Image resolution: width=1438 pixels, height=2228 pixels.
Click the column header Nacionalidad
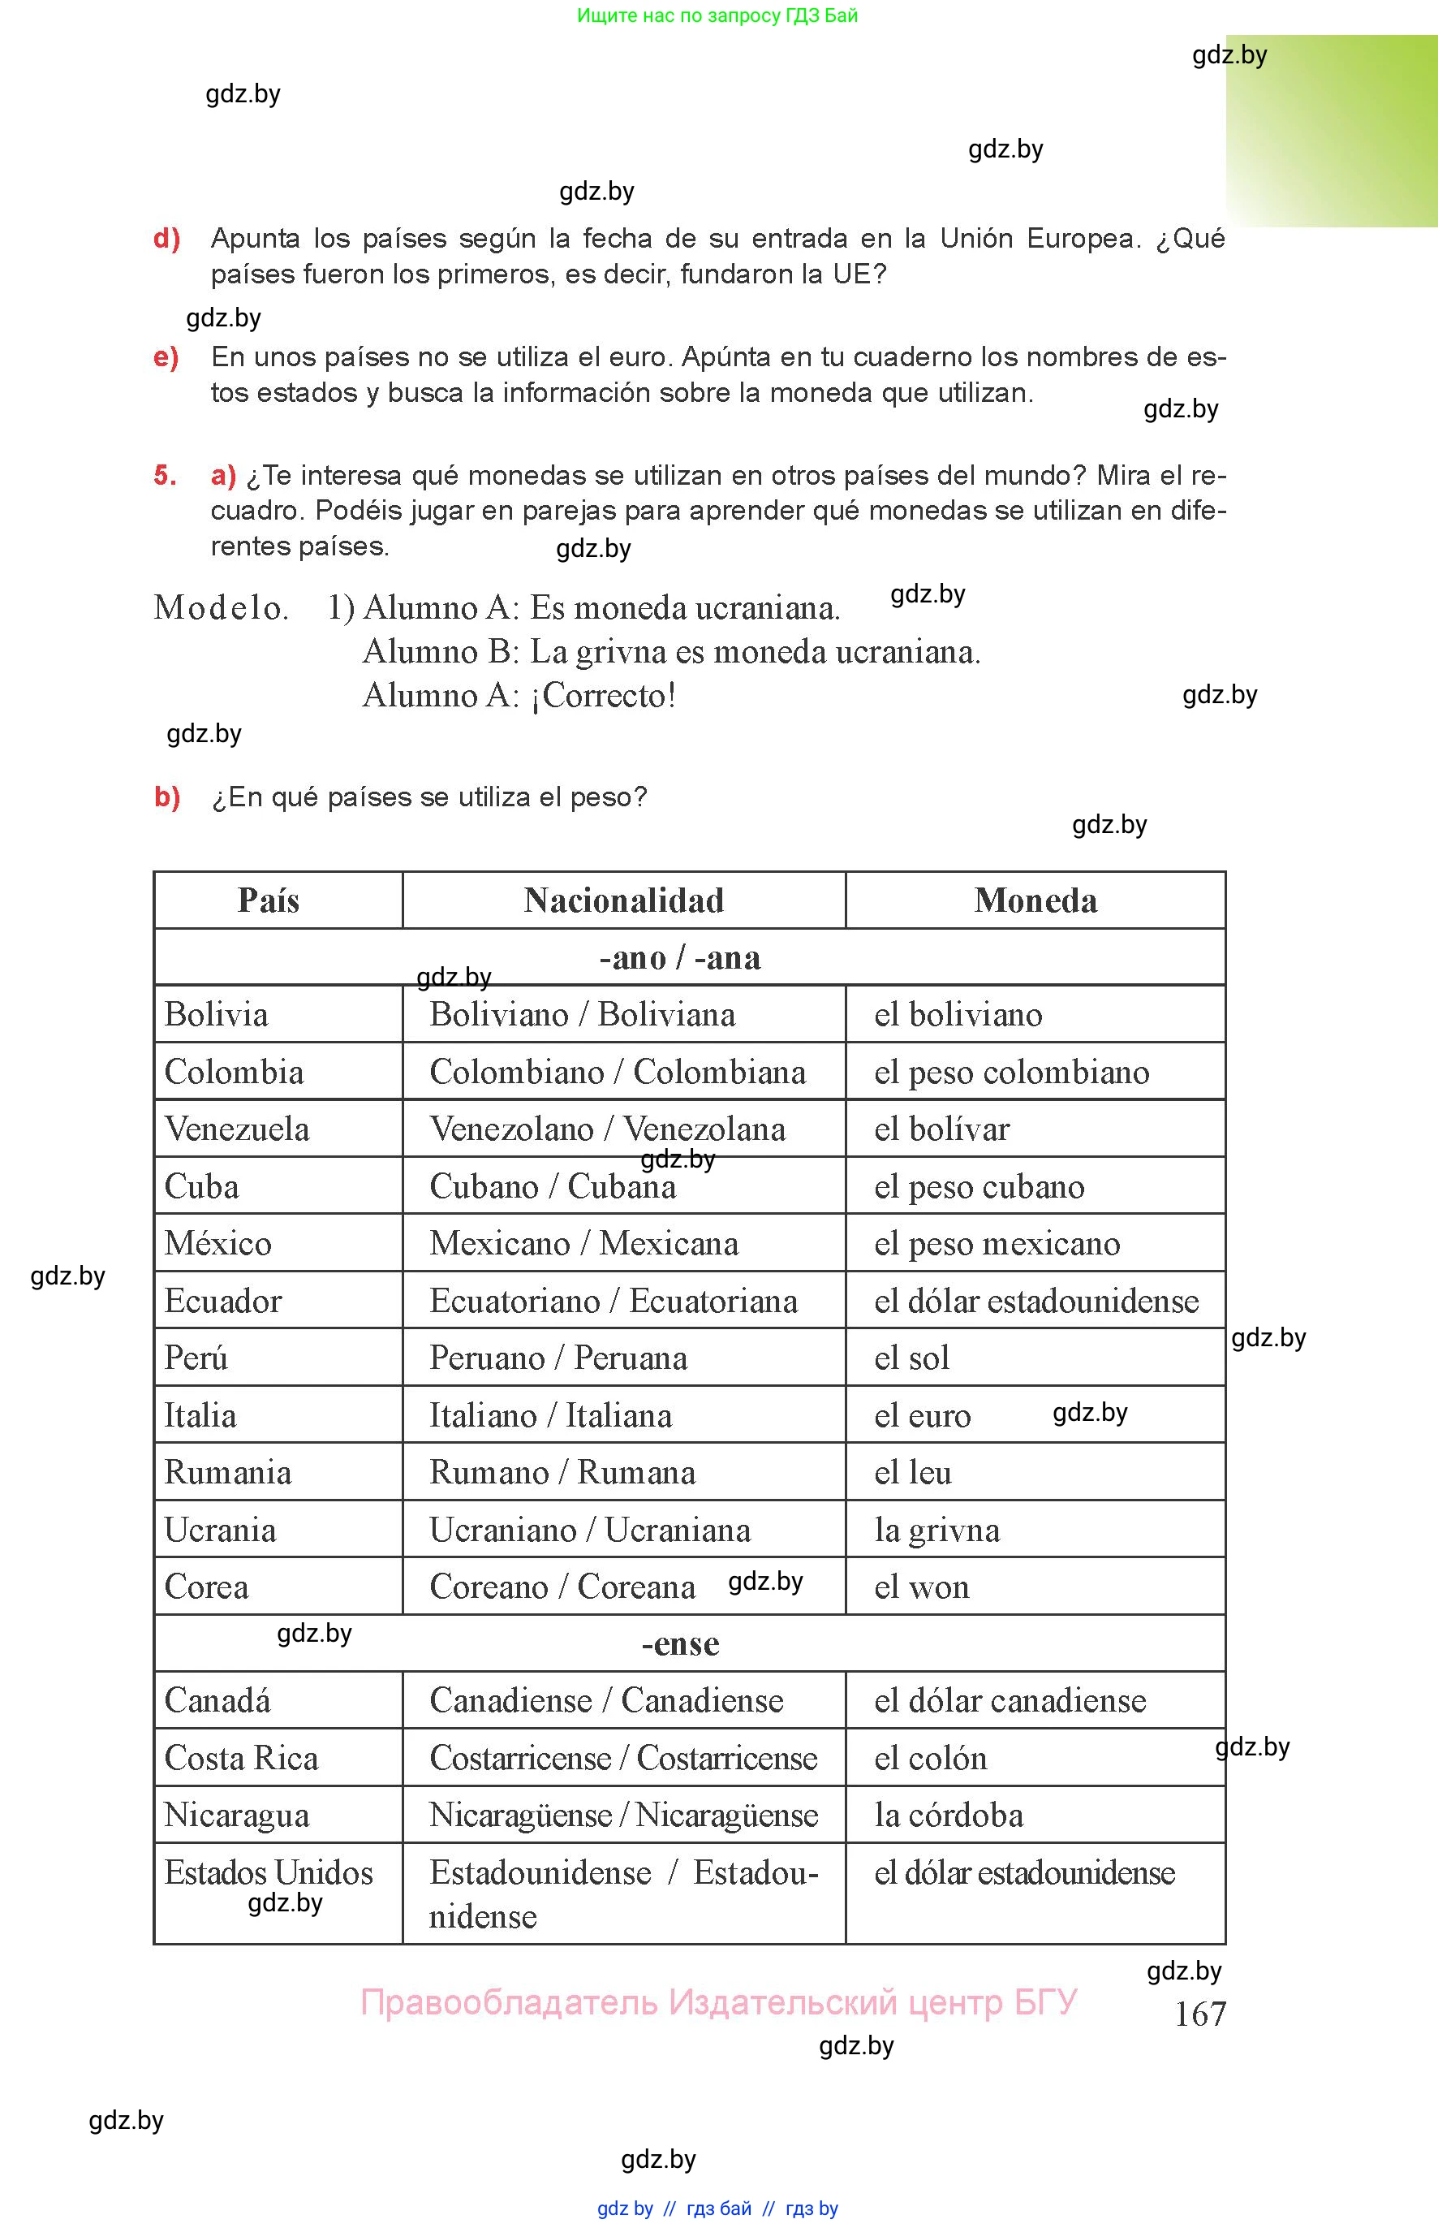(624, 900)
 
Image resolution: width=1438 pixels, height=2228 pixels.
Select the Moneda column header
(1035, 900)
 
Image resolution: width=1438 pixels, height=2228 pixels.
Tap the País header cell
(269, 900)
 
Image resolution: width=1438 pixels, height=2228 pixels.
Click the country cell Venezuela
(236, 1129)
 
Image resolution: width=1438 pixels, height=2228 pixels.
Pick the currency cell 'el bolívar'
(941, 1129)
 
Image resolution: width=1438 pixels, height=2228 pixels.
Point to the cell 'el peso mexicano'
(997, 1242)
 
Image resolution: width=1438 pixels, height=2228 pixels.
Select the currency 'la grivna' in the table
(936, 1529)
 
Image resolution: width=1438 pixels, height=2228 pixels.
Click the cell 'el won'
(922, 1587)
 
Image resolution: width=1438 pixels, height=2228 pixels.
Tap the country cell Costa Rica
(241, 1757)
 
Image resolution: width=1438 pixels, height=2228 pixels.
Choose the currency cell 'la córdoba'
(949, 1814)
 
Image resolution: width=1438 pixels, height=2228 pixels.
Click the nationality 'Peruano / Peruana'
(558, 1358)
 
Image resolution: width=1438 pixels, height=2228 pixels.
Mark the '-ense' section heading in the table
(680, 1643)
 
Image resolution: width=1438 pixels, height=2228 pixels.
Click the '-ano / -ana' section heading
(680, 957)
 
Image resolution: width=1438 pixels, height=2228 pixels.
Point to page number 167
(1200, 2013)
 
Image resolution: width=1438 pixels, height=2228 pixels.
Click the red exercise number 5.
(166, 476)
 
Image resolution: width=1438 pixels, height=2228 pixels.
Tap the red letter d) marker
(166, 238)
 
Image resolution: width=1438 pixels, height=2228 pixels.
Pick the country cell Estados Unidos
(268, 1872)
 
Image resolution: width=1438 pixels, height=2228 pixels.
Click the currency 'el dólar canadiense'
(1010, 1700)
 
